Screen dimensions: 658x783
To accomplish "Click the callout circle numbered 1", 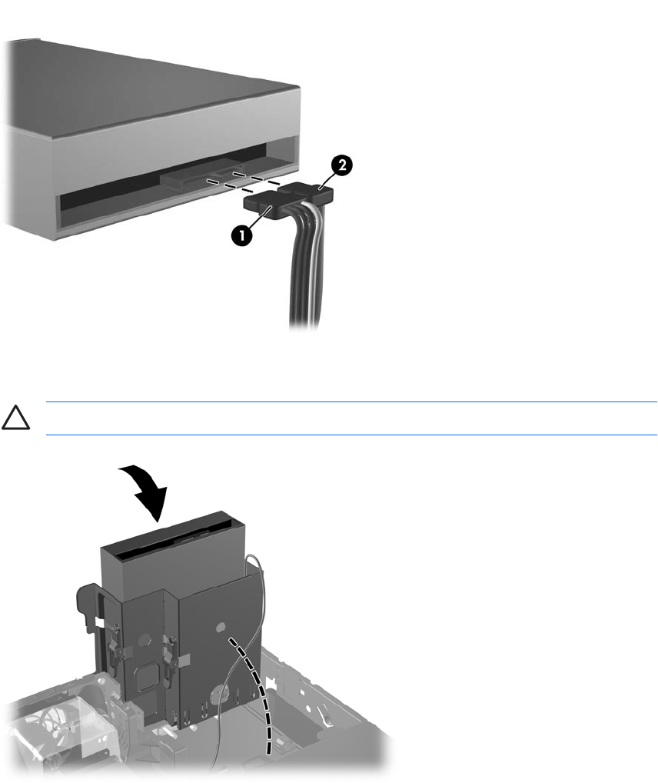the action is [242, 235].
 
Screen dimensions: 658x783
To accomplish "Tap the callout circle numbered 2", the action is [342, 165].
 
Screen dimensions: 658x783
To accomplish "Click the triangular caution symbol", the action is [15, 418].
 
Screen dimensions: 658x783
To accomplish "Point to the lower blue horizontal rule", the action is [351, 435].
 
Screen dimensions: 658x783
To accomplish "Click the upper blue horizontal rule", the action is [351, 401].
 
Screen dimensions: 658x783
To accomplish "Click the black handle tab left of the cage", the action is [89, 610].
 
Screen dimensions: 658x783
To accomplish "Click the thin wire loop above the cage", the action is [257, 569].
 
